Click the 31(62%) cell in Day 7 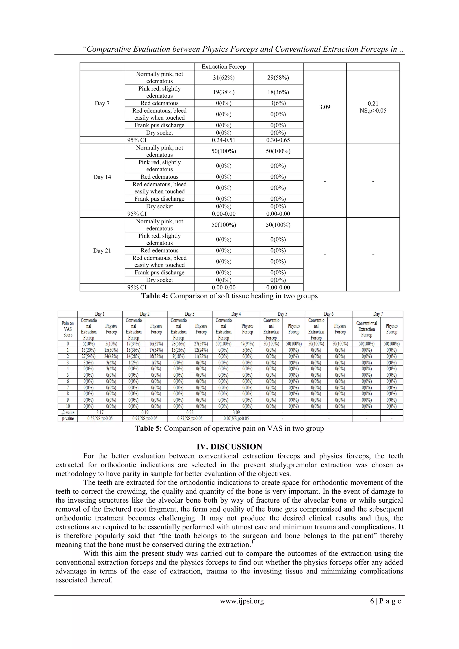(x=224, y=77)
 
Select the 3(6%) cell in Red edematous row (x=278, y=103)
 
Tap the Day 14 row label (x=102, y=177)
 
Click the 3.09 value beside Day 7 (x=325, y=107)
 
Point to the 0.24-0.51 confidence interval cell (x=224, y=140)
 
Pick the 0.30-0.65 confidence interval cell (x=278, y=140)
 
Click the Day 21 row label (x=102, y=251)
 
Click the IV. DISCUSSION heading (x=229, y=447)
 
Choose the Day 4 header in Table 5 (x=236, y=314)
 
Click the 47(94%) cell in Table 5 (x=247, y=344)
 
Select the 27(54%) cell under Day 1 (x=89, y=356)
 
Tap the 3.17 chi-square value (x=100, y=413)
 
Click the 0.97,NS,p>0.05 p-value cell (x=145, y=419)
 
